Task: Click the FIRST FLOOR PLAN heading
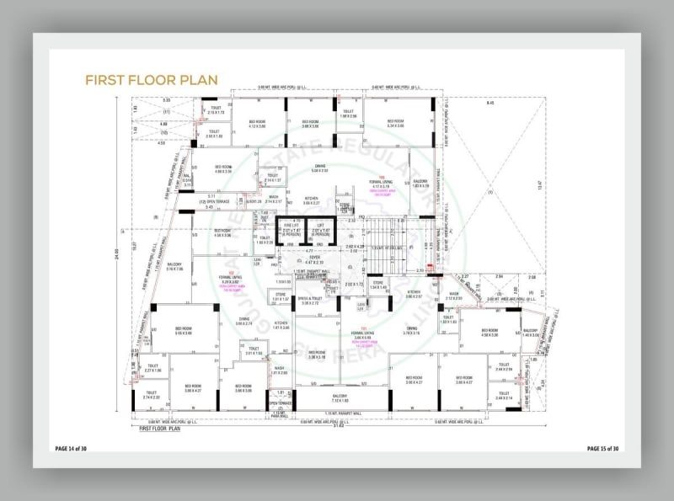click(x=152, y=79)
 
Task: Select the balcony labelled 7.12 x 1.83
click(x=339, y=398)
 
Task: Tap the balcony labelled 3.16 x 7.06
click(x=175, y=267)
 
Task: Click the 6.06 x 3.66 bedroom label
click(x=184, y=331)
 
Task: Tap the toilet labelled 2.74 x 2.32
click(x=151, y=394)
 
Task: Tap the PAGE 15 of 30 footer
click(x=603, y=448)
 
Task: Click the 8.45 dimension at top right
click(x=489, y=103)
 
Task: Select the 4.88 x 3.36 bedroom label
click(x=222, y=169)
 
